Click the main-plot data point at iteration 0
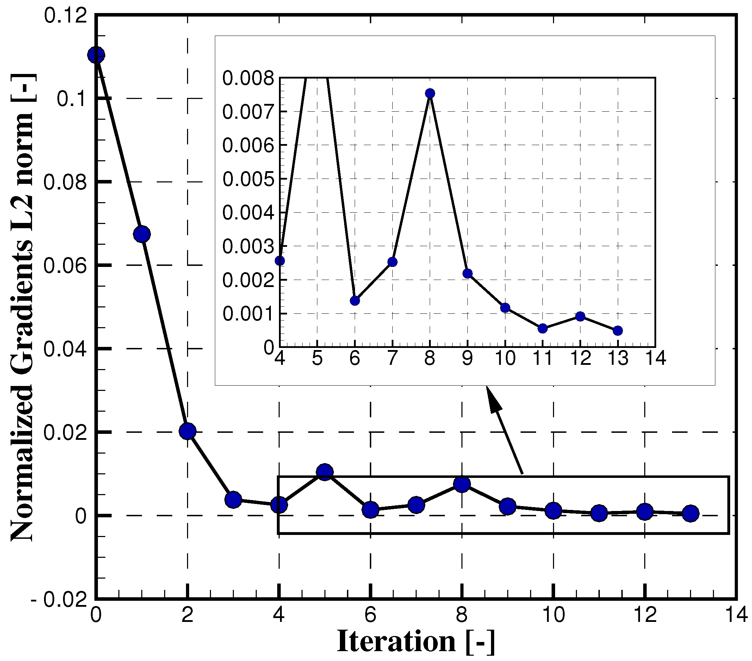(x=96, y=55)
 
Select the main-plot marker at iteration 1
(x=142, y=234)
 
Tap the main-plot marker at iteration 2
(x=188, y=431)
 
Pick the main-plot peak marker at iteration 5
(x=325, y=472)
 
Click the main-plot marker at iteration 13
(x=691, y=513)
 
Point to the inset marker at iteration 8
(x=430, y=93)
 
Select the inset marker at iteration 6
(x=355, y=300)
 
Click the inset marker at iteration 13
(x=618, y=331)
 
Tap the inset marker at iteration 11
(x=543, y=329)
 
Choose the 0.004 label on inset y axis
(x=248, y=213)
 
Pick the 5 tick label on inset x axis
(x=317, y=358)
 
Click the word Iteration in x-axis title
(x=396, y=642)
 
